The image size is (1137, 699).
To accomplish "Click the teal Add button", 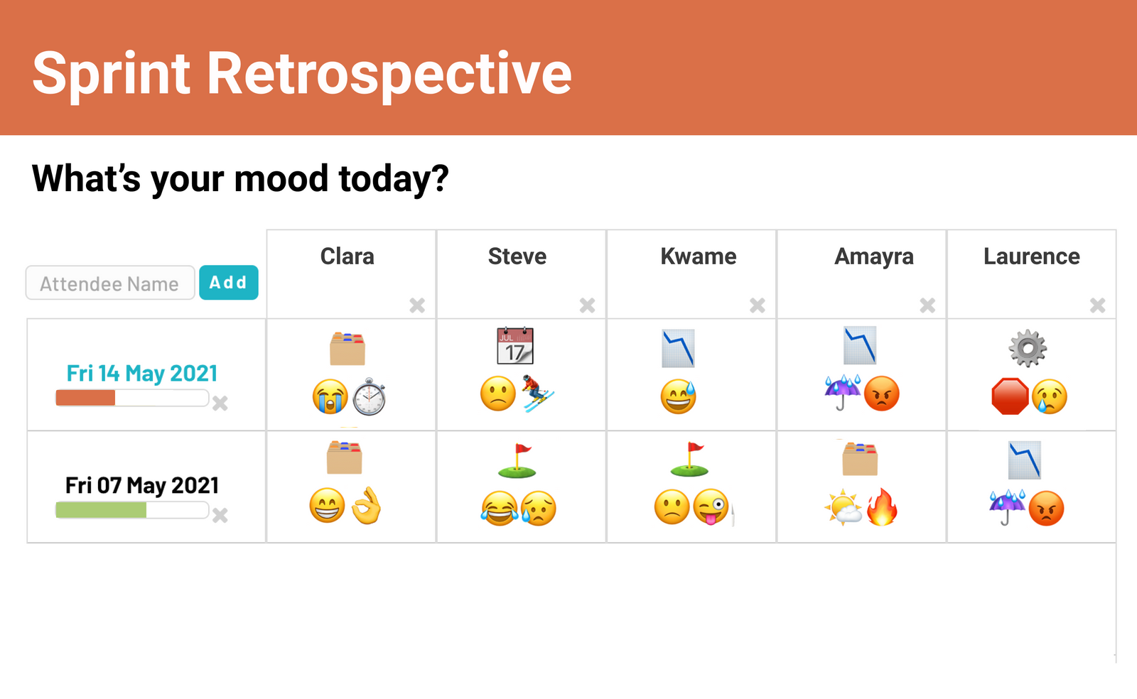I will [x=228, y=283].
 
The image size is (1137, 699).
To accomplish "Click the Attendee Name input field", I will [x=110, y=283].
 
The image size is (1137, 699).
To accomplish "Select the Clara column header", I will [x=347, y=256].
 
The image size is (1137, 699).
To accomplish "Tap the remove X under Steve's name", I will [x=587, y=305].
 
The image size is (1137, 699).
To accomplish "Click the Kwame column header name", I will [x=698, y=256].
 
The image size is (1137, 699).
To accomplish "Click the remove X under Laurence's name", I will [x=1097, y=305].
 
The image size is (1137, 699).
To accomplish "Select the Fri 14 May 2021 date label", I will [x=142, y=373].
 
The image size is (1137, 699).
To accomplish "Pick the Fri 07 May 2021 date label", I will [x=142, y=485].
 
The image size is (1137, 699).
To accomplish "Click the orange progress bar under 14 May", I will [x=86, y=398].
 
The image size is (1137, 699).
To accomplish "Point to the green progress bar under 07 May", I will [x=101, y=509].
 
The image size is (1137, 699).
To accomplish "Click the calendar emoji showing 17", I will [x=515, y=346].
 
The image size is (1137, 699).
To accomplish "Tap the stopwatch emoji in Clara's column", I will [x=370, y=397].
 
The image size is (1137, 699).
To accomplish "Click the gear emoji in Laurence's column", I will [x=1028, y=348].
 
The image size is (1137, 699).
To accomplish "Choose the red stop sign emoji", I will [x=1010, y=396].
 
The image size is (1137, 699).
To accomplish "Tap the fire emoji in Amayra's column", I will [x=882, y=507].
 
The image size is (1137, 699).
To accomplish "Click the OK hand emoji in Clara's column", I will [x=367, y=506].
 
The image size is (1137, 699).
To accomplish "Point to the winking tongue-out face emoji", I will [x=711, y=507].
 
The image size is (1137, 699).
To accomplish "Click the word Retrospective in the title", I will [x=389, y=73].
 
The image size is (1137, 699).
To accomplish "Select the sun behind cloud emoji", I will [x=843, y=507].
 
